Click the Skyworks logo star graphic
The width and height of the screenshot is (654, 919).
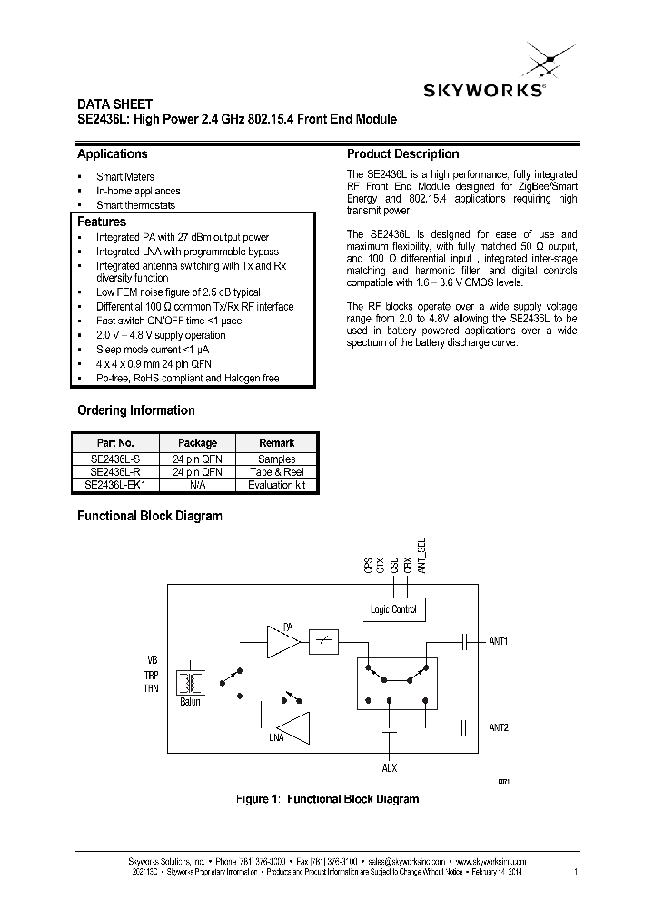point(542,61)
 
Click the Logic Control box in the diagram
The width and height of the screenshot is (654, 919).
point(393,608)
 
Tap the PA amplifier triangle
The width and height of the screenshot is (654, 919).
point(282,642)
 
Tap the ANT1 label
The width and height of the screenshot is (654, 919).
point(499,641)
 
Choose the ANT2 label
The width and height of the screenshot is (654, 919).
point(499,727)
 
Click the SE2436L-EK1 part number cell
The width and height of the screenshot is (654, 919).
point(117,485)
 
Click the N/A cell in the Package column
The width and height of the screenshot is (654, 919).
point(197,485)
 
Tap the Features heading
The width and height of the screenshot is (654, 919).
point(102,222)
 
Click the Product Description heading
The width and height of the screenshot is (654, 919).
point(402,154)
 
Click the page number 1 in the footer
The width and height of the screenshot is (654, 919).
point(576,872)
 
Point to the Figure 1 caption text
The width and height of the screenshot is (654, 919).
point(327,799)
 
